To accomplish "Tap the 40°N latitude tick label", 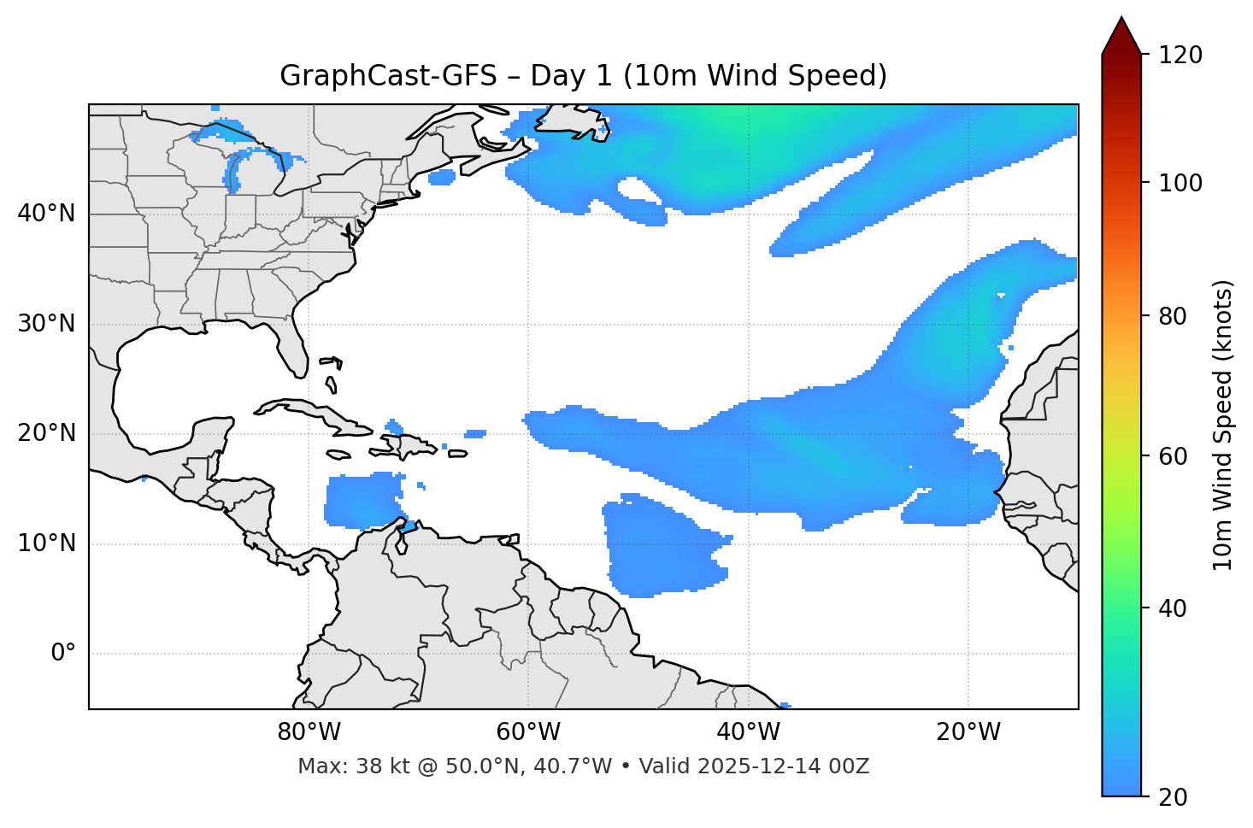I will pos(46,214).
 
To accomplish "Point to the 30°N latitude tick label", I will pos(46,324).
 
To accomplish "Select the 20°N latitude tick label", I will pos(46,434).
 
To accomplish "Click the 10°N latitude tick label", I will pos(46,543).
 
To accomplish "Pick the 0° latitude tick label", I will pos(63,654).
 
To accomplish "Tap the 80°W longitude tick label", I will pos(309,732).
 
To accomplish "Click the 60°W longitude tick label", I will pos(528,732).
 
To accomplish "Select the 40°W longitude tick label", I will pos(748,732).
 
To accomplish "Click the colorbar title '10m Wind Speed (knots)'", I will pos(1223,426).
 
